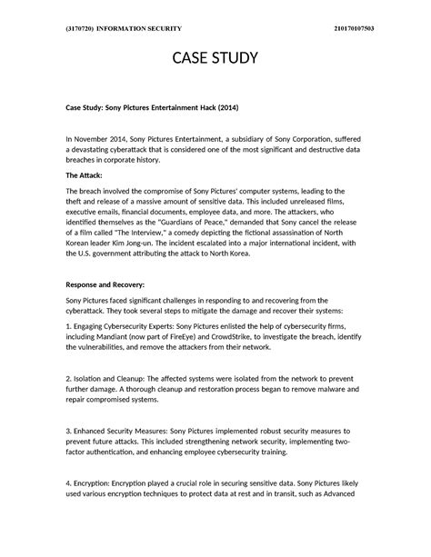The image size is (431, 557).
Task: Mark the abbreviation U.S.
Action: click(92, 254)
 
